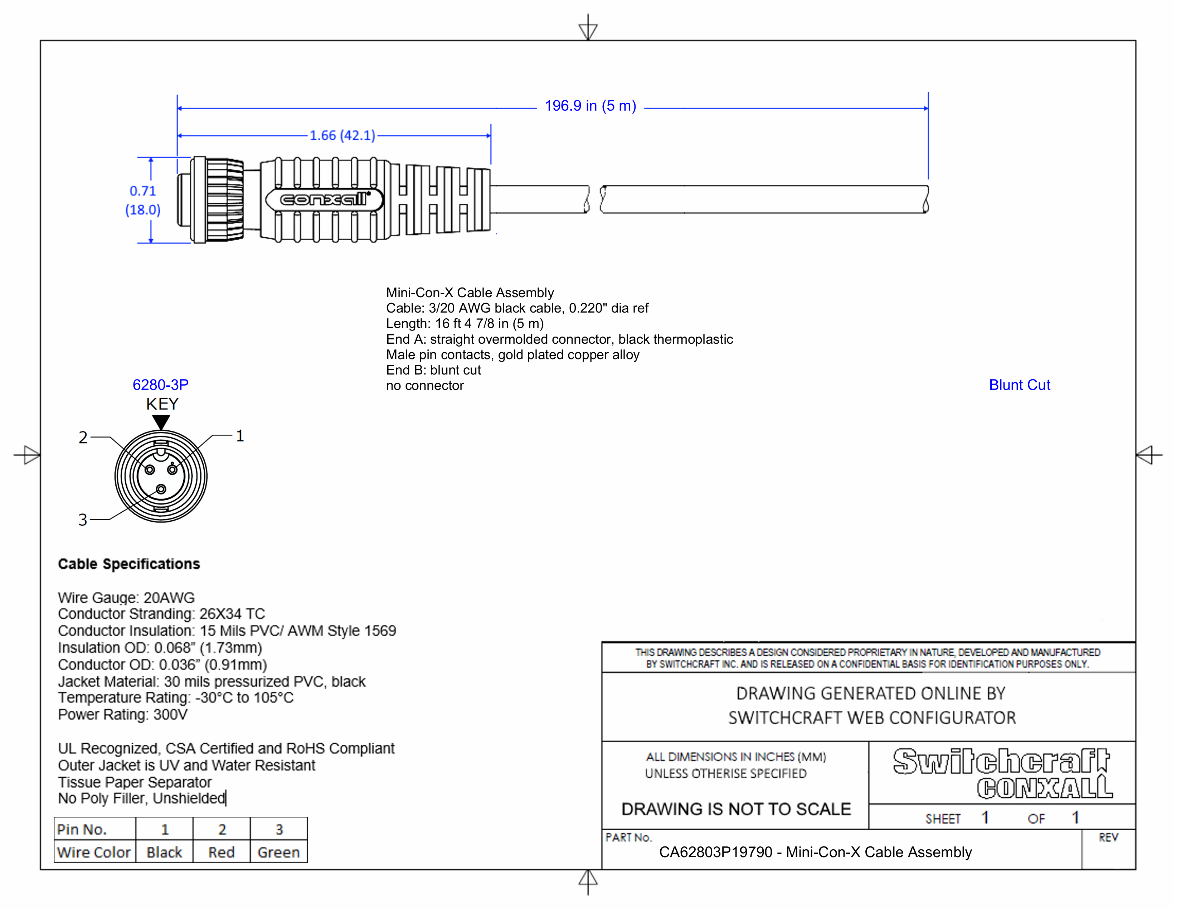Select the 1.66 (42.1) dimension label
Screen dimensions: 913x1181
(342, 135)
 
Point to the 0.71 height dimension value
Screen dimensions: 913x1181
(143, 191)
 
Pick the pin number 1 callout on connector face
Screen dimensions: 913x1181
(239, 436)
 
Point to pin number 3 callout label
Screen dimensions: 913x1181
(82, 520)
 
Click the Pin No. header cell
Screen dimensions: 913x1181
(82, 829)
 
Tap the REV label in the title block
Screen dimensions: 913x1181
(1108, 837)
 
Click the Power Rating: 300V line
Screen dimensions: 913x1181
(123, 715)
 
